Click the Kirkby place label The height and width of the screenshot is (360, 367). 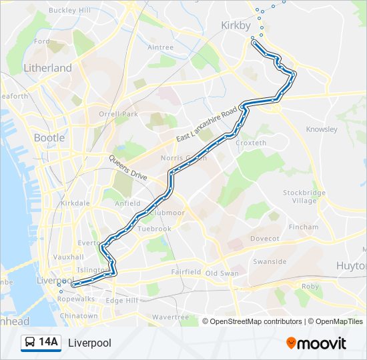coord(236,25)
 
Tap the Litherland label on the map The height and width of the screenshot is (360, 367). coord(47,68)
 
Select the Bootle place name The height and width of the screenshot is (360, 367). coord(49,138)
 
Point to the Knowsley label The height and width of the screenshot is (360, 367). coord(322,129)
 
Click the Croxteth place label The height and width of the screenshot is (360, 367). coord(251,143)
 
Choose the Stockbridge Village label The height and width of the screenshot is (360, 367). coord(304,197)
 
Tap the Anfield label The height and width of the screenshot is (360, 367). coord(127,203)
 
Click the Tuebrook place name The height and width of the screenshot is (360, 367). coord(154,229)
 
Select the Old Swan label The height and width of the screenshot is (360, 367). coord(222,273)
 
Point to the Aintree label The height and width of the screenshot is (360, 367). coord(160,47)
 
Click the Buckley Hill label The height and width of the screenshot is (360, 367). coord(69,11)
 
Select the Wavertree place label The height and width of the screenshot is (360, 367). coord(171,317)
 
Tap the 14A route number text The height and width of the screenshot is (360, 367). coord(48,343)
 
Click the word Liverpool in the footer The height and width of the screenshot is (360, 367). coord(89,343)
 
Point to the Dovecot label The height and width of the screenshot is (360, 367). coord(264,238)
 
